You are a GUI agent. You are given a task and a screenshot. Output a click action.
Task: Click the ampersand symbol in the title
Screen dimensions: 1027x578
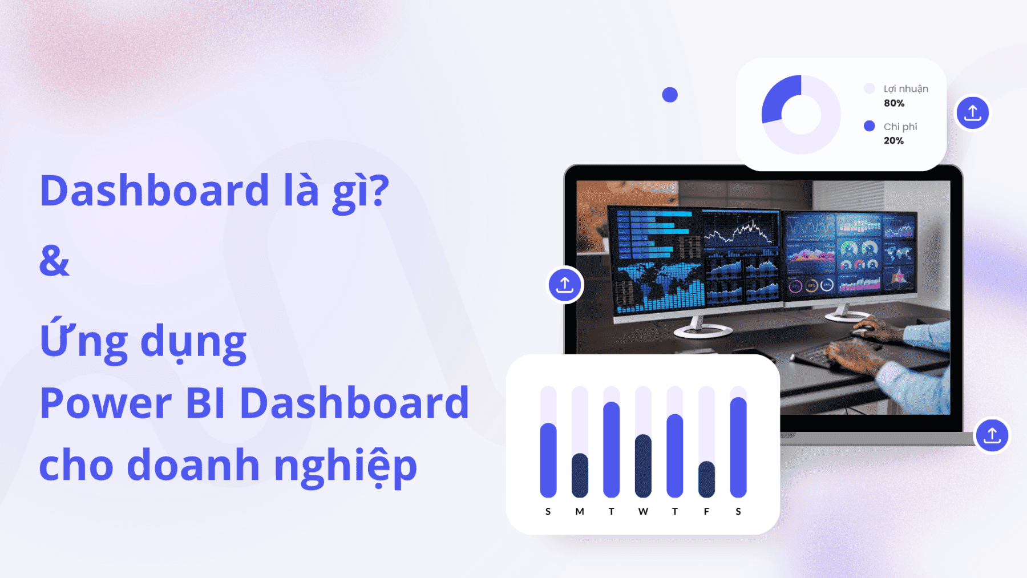54,261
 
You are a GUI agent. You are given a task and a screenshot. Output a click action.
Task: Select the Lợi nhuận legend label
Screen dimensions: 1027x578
906,89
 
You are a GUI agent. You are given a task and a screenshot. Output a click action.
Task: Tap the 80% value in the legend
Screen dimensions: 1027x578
894,103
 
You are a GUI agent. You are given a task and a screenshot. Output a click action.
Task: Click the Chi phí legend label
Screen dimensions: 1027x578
900,127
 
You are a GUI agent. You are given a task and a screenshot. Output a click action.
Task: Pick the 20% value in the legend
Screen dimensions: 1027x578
894,141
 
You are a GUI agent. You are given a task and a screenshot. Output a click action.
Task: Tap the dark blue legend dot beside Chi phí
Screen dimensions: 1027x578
870,126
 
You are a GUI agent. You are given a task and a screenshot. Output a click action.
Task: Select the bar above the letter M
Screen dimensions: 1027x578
580,475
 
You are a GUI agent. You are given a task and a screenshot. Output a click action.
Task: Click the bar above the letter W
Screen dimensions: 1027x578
643,466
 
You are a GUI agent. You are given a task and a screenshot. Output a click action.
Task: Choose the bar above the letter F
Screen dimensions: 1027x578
706,479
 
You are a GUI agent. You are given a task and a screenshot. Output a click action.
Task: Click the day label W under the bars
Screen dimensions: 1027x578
643,511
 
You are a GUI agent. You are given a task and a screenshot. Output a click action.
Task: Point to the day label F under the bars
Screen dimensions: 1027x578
706,511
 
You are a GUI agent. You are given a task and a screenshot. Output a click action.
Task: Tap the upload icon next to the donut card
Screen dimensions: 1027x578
973,112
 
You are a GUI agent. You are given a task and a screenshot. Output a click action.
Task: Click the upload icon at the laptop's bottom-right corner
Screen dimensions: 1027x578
992,435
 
